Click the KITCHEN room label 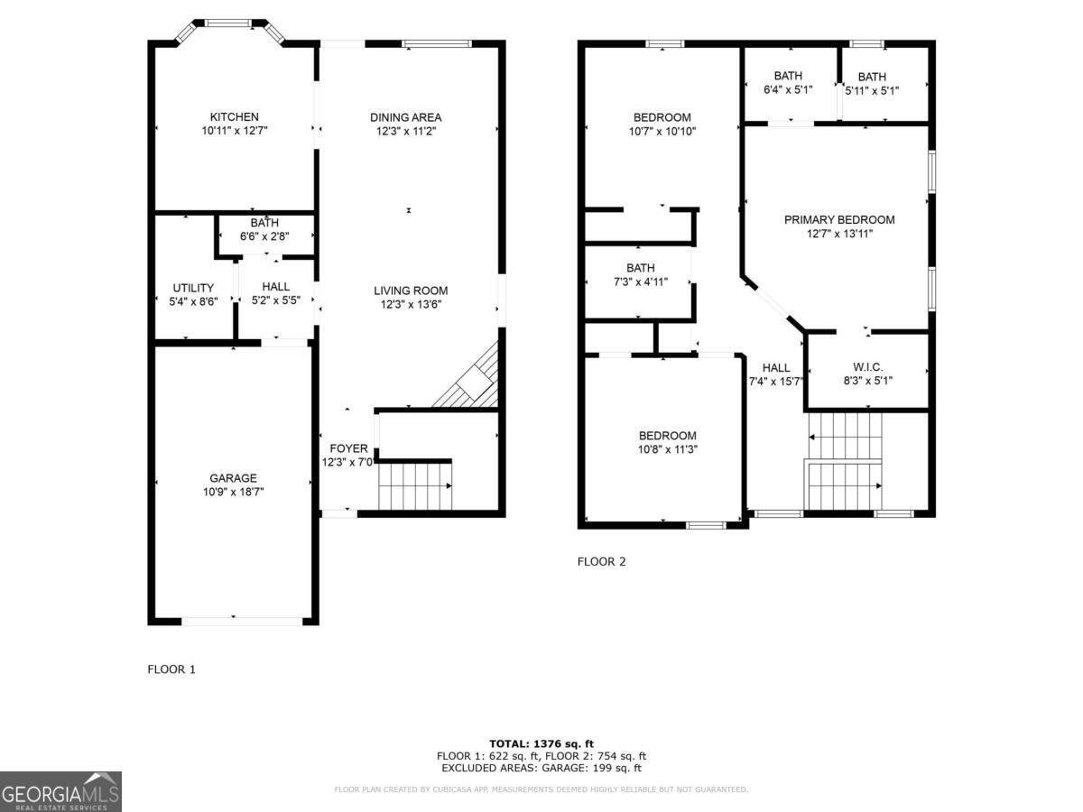click(235, 117)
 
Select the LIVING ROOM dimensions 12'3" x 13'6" click(411, 305)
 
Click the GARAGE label click(234, 478)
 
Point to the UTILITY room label click(193, 288)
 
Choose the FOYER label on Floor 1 click(348, 448)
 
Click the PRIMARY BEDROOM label click(839, 220)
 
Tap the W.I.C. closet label click(867, 367)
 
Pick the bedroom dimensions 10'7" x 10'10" click(662, 131)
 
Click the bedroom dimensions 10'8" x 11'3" click(668, 449)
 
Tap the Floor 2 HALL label click(776, 368)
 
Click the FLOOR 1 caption click(171, 669)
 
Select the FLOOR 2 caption click(601, 561)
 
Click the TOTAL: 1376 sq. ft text click(541, 743)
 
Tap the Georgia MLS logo click(60, 792)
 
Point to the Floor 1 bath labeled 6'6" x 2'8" click(265, 229)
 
